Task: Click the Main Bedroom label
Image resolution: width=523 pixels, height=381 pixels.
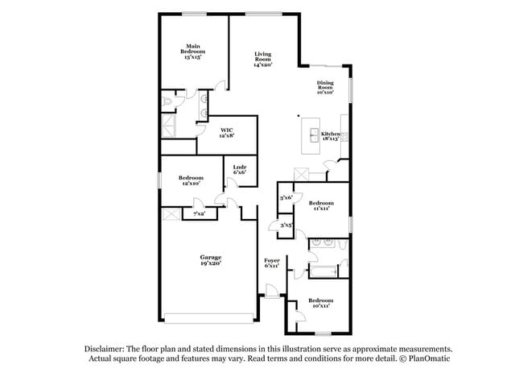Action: pyautogui.click(x=192, y=52)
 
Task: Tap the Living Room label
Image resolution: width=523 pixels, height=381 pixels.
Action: pyautogui.click(x=263, y=59)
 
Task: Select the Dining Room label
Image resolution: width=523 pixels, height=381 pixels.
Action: pyautogui.click(x=325, y=88)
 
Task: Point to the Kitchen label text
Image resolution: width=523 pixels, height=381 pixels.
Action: pyautogui.click(x=331, y=134)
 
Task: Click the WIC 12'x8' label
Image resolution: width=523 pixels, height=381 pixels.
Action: pyautogui.click(x=228, y=132)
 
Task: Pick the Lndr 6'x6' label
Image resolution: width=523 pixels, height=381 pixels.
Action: pyautogui.click(x=240, y=169)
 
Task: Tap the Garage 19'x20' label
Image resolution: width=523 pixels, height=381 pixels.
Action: pyautogui.click(x=211, y=259)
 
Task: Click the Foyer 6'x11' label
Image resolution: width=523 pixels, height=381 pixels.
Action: pyautogui.click(x=272, y=263)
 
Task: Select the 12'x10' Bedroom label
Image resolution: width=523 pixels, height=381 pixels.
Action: pyautogui.click(x=191, y=180)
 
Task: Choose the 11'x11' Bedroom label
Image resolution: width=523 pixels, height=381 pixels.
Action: pyautogui.click(x=321, y=205)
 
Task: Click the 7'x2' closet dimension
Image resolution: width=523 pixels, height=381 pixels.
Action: pyautogui.click(x=197, y=213)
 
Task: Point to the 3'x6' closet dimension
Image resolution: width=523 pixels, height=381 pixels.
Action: pyautogui.click(x=285, y=197)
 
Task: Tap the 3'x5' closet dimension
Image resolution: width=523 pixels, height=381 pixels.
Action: pyautogui.click(x=286, y=226)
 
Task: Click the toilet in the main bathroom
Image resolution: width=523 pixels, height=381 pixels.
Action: pyautogui.click(x=167, y=101)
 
